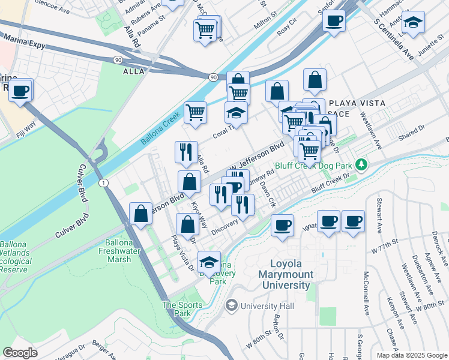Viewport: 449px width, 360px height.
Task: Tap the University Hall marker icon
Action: pyautogui.click(x=231, y=306)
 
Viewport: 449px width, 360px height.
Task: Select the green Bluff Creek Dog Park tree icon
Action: pyautogui.click(x=361, y=164)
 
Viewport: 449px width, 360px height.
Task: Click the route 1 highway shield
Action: pyautogui.click(x=104, y=182)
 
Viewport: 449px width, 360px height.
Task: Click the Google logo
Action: pyautogui.click(x=20, y=352)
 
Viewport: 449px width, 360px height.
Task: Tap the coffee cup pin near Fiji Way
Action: pyautogui.click(x=20, y=91)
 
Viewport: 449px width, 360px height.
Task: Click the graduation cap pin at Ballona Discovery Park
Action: pyautogui.click(x=209, y=262)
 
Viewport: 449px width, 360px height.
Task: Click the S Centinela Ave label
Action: pyautogui.click(x=394, y=39)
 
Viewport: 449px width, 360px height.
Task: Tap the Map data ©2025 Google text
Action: pyautogui.click(x=412, y=355)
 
